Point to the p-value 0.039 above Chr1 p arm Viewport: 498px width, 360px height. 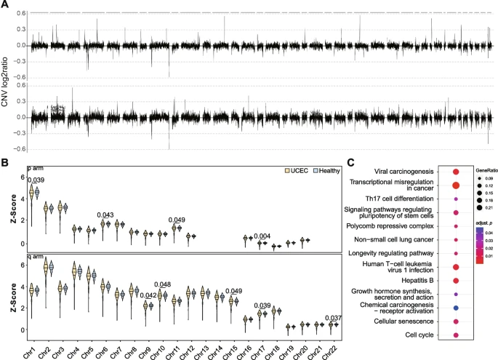pyautogui.click(x=36, y=180)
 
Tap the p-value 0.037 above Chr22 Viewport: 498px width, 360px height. pyautogui.click(x=334, y=317)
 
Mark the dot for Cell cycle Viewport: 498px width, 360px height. pyautogui.click(x=455, y=335)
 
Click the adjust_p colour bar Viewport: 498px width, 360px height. pyautogui.click(x=477, y=246)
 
